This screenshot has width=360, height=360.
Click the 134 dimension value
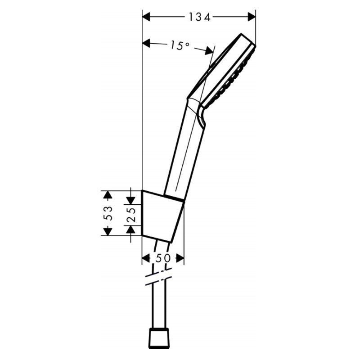(199, 17)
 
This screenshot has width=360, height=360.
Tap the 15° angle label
(180, 45)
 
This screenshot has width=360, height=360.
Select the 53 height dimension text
(108, 213)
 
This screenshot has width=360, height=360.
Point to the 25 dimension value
(131, 215)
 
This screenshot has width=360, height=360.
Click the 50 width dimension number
(163, 258)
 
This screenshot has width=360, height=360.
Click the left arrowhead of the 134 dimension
(146, 17)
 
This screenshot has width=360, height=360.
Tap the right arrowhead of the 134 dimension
(252, 17)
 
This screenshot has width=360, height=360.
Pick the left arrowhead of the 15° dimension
(146, 43)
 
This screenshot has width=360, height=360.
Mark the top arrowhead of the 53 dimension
(108, 195)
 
